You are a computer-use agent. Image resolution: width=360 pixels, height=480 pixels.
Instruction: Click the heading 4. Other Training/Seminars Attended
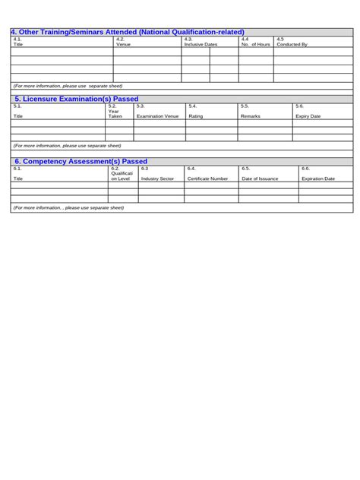click(x=128, y=32)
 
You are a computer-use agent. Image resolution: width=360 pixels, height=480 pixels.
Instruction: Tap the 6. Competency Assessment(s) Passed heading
click(x=81, y=161)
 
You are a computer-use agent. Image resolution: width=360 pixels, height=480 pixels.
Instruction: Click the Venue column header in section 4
click(x=123, y=44)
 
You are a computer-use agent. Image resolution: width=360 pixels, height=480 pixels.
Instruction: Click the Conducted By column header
click(x=292, y=44)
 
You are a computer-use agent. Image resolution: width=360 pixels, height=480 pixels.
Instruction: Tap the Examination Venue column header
click(x=157, y=116)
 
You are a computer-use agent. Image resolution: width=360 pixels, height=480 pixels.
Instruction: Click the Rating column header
click(x=196, y=116)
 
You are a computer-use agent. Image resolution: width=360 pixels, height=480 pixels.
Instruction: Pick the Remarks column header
click(x=251, y=116)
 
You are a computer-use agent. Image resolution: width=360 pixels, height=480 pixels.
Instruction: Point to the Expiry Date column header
click(x=308, y=116)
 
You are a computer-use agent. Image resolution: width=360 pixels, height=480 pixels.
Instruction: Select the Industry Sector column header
click(x=157, y=178)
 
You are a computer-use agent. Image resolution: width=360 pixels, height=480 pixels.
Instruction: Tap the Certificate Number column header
click(x=208, y=178)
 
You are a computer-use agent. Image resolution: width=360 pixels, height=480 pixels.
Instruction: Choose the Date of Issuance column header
click(x=260, y=178)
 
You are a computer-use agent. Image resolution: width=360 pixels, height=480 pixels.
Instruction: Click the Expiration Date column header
click(x=318, y=178)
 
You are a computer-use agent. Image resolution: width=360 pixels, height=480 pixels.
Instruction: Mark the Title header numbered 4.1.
click(x=19, y=44)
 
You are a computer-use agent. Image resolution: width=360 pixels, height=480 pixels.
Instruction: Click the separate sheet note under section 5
click(x=68, y=145)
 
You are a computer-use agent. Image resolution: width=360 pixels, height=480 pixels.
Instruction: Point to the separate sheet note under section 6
click(x=68, y=207)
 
